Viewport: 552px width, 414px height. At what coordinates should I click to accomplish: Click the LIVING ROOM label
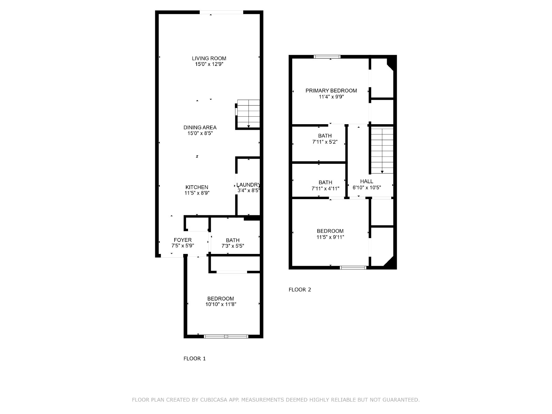coord(209,58)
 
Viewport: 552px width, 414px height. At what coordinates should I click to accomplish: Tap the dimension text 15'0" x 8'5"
coord(200,133)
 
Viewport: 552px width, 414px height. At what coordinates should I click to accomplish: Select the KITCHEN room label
coord(197,187)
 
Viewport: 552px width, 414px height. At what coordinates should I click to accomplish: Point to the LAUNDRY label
coord(248,185)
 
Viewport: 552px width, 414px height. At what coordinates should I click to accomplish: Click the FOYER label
coord(183,240)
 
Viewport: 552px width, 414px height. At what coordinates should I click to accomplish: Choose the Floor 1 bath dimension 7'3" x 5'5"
coord(233,246)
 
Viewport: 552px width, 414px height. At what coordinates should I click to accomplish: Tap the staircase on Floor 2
coord(382,150)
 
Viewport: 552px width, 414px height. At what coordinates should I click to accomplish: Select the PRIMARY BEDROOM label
coord(331,91)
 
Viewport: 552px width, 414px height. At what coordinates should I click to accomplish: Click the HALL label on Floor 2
coord(366,181)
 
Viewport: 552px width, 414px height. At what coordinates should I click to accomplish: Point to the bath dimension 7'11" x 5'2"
coord(325,142)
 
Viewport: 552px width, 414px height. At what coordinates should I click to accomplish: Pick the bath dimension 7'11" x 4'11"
coord(325,188)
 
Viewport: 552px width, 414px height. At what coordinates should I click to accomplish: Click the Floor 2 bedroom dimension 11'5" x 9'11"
coord(330,237)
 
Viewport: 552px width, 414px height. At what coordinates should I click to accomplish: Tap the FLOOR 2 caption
coord(299,289)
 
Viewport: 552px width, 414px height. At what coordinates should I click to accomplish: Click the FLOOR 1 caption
coord(194,358)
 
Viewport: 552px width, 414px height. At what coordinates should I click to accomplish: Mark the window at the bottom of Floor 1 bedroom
coord(226,337)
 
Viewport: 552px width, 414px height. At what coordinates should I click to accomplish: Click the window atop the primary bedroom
coord(327,57)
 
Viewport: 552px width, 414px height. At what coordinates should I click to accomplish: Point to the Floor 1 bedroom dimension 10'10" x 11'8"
coord(220,304)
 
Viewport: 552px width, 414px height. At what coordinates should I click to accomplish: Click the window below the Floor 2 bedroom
coord(353,268)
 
